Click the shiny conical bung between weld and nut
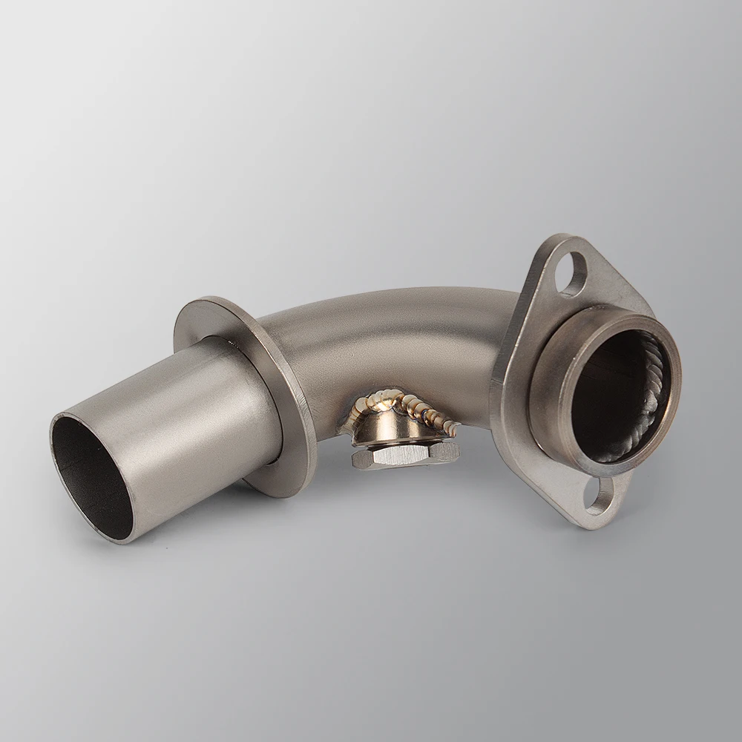coord(386,430)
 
